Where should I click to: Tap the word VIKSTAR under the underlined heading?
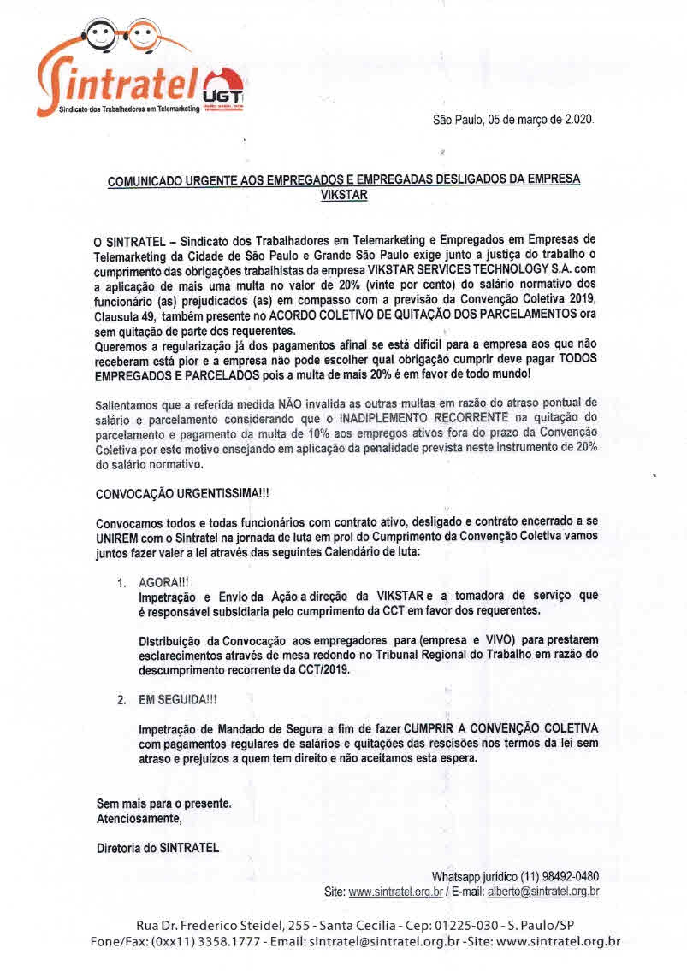[x=343, y=196]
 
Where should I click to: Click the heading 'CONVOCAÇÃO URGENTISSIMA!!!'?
[x=183, y=494]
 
